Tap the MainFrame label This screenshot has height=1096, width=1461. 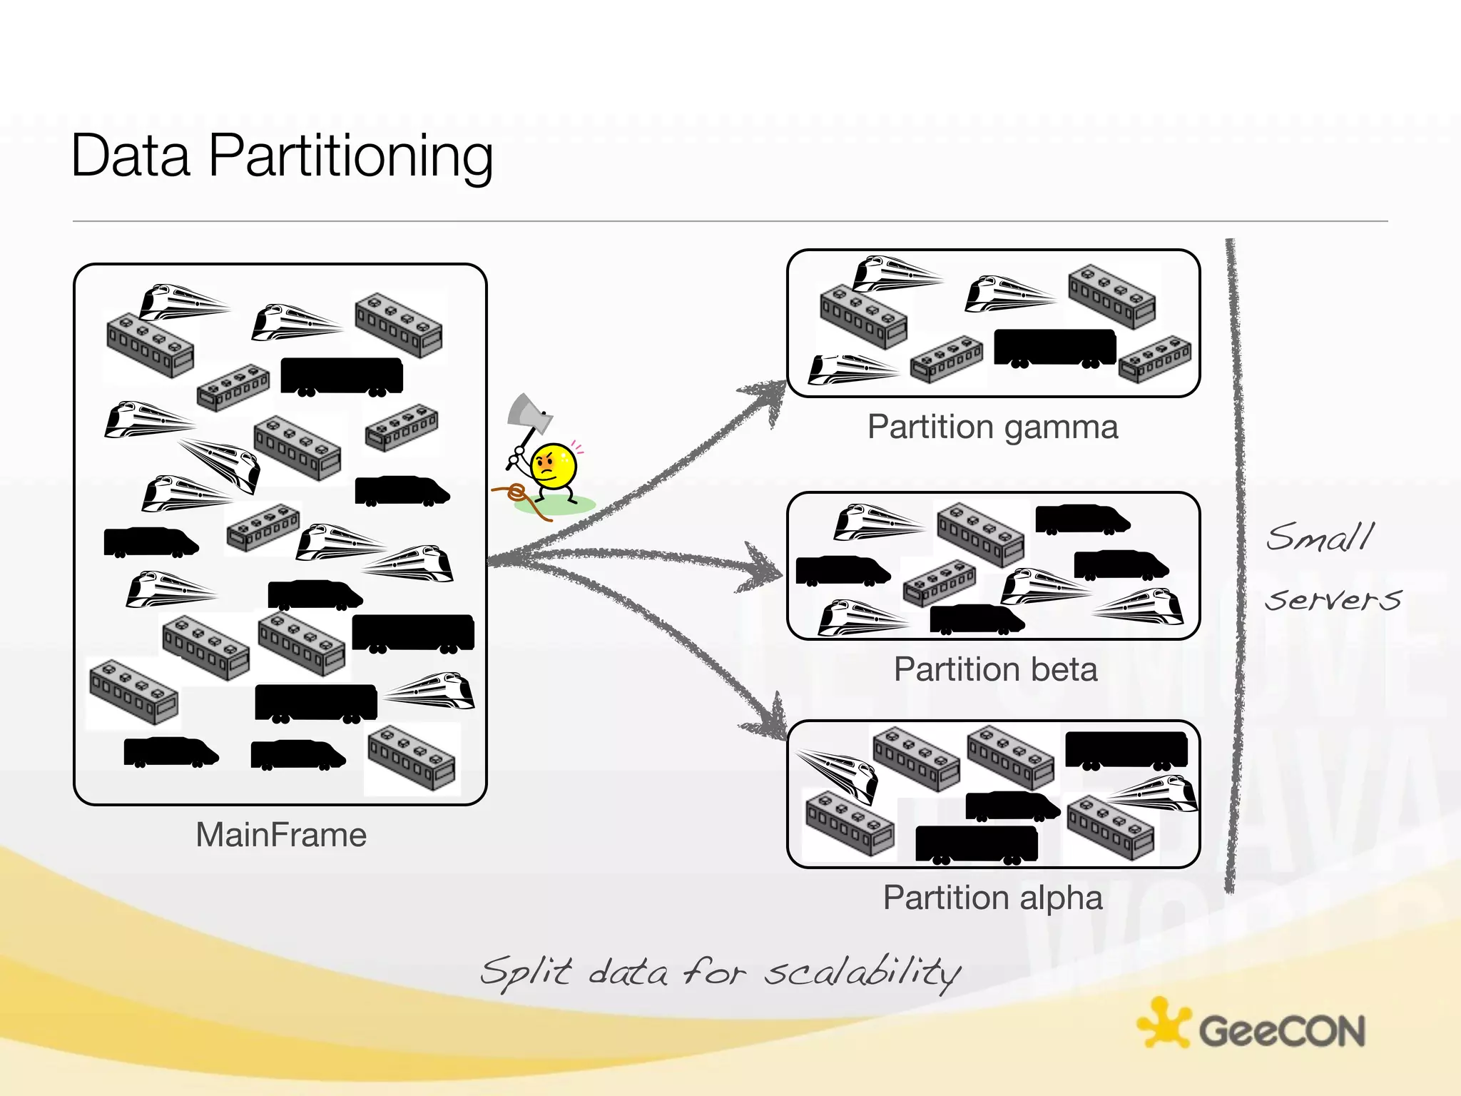[x=281, y=835]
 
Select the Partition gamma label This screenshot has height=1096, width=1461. [x=992, y=427]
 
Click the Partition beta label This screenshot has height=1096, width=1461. [x=995, y=670]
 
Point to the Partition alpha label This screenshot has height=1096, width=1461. [x=992, y=898]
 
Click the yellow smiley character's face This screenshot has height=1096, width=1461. [x=554, y=466]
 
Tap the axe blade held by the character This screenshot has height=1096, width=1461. [x=528, y=414]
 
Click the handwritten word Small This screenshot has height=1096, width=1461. [x=1320, y=537]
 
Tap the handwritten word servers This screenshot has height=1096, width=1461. [x=1333, y=599]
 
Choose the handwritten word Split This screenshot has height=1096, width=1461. [x=525, y=972]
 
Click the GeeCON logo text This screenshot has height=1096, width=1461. [x=1281, y=1031]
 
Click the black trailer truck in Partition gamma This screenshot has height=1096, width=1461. [x=1054, y=347]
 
